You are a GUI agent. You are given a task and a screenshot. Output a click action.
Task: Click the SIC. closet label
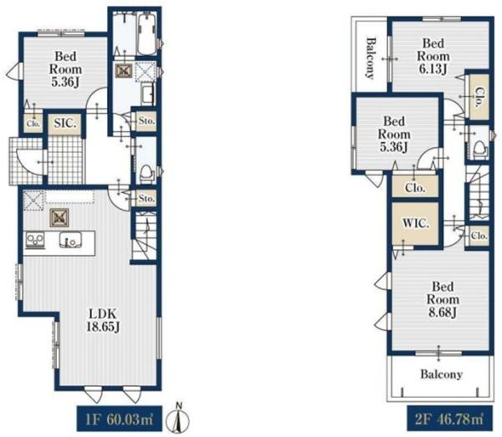point(65,123)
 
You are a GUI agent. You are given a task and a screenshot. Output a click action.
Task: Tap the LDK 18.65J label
point(103,320)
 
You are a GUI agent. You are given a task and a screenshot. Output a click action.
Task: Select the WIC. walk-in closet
point(415,223)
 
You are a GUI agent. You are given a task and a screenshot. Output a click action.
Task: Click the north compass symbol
point(179,417)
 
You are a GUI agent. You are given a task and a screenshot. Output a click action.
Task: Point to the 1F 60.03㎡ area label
point(119,419)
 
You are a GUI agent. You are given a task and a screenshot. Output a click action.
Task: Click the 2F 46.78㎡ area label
point(449,419)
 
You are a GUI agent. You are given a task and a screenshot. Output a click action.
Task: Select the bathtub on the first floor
point(147,34)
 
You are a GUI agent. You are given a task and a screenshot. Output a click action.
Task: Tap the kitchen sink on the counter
point(71,240)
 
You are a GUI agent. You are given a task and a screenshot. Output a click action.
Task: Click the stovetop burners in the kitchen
point(35,240)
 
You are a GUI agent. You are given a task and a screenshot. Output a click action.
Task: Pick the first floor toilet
point(147,174)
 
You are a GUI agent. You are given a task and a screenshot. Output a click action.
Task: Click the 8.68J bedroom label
point(443,299)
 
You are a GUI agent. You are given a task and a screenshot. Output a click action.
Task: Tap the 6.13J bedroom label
point(433,56)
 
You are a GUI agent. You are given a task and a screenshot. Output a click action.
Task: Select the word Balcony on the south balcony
point(442,374)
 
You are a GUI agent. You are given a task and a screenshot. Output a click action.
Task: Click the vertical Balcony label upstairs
point(371,58)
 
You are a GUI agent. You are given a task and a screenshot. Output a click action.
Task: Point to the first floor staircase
point(145,235)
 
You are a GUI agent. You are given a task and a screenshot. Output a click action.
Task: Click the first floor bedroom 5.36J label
point(65,69)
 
